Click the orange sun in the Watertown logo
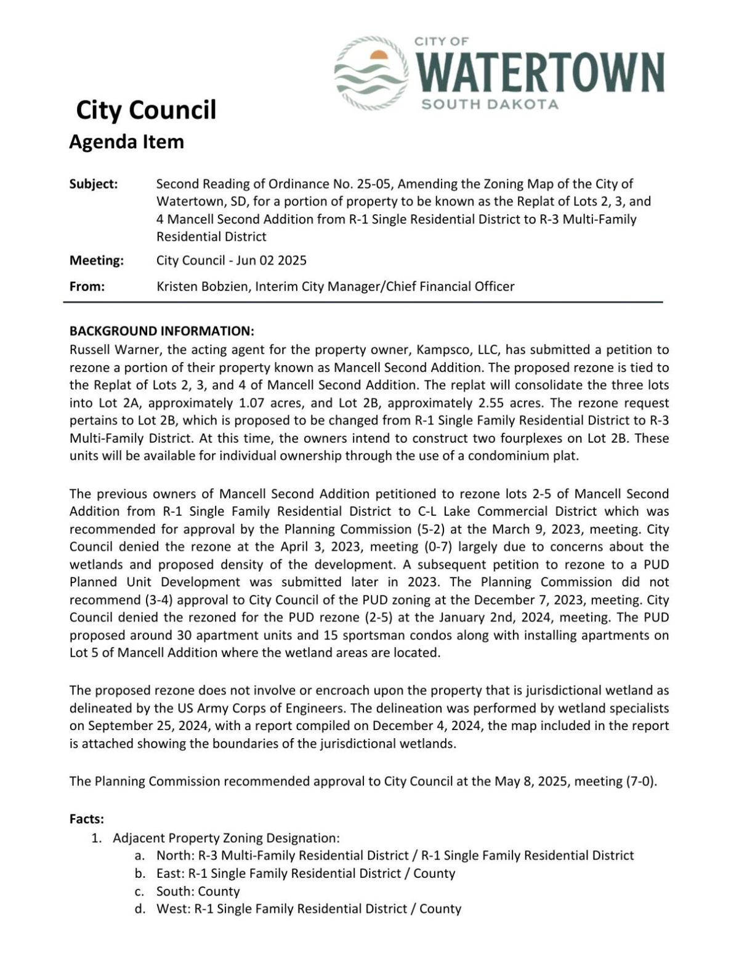[378, 56]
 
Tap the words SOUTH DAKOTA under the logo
[490, 104]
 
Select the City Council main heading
[146, 110]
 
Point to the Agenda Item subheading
[126, 142]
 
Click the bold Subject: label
[94, 184]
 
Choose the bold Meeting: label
[97, 260]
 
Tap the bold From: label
[87, 286]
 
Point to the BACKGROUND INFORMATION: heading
[161, 331]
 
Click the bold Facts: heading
[87, 819]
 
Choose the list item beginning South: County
[198, 891]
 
